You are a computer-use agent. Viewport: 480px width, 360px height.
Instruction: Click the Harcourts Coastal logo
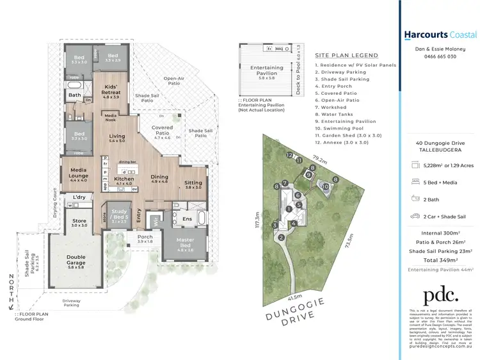coord(440,35)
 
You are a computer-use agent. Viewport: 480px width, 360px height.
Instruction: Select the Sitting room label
coord(193,184)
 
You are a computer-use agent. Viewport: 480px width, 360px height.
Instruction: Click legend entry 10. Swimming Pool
coord(344,128)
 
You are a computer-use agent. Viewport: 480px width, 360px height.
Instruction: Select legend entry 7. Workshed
coord(337,107)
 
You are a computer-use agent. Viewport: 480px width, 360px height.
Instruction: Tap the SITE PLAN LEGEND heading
coord(346,56)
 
